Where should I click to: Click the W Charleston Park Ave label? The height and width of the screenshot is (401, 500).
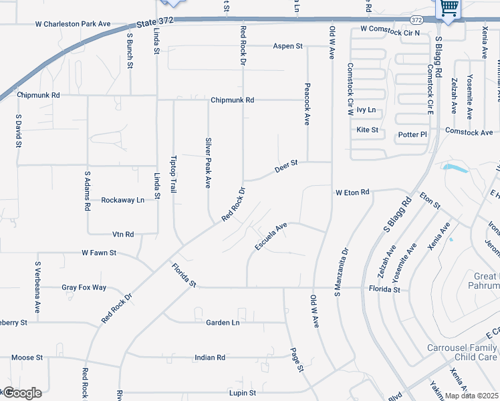click(x=73, y=24)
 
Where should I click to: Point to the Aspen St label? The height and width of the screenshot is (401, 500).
click(x=287, y=46)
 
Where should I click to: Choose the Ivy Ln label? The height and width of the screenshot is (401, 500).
click(x=366, y=110)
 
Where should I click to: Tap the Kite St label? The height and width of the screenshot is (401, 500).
click(x=368, y=130)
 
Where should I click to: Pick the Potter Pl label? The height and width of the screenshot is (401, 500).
click(x=412, y=134)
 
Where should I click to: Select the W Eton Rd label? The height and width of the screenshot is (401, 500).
click(x=352, y=192)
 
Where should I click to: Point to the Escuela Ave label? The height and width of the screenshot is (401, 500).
click(x=271, y=237)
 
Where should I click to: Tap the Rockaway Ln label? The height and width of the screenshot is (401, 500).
click(x=122, y=200)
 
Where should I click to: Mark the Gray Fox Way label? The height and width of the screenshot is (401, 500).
click(x=84, y=287)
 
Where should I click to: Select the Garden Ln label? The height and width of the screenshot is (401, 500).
click(x=223, y=322)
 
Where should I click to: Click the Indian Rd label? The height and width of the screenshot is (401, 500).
click(x=211, y=358)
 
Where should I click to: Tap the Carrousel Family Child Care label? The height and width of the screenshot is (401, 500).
click(x=463, y=353)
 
